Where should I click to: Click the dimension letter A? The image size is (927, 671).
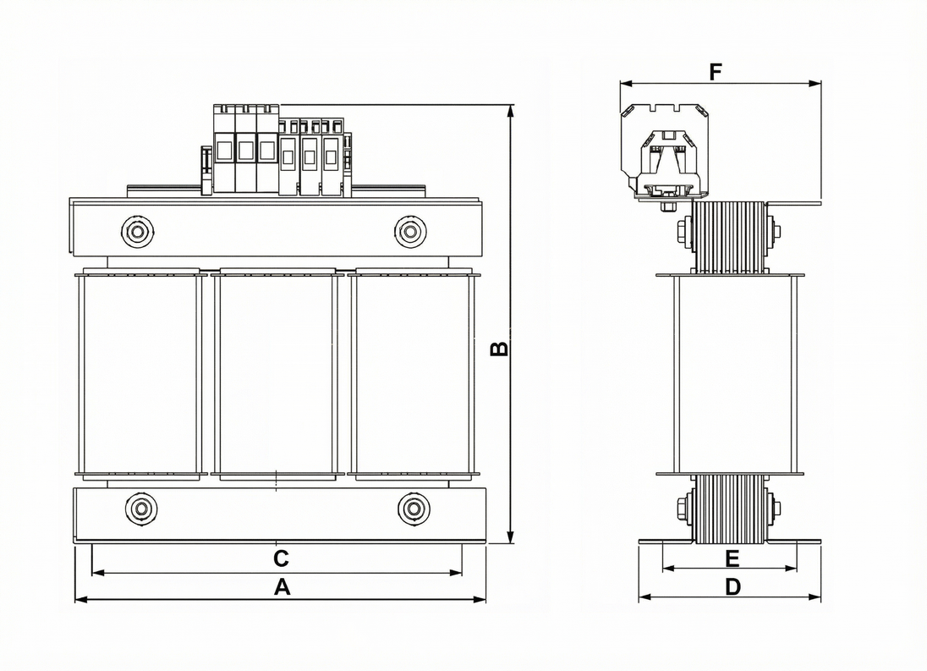(x=282, y=587)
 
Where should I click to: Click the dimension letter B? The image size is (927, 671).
(x=500, y=348)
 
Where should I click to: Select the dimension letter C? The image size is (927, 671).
(x=282, y=558)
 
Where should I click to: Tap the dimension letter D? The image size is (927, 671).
(x=732, y=586)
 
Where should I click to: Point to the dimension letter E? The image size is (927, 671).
(x=732, y=558)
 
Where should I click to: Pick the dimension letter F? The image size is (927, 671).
(x=716, y=72)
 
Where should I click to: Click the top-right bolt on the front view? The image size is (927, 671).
(x=410, y=231)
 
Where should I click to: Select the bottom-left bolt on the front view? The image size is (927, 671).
(x=141, y=508)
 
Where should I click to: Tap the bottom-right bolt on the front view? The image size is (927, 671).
(x=414, y=508)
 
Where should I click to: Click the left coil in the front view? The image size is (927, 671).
(x=140, y=374)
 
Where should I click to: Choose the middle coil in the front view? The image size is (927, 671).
(x=277, y=374)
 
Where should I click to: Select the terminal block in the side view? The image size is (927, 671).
(x=665, y=157)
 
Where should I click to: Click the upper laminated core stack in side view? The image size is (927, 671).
(x=729, y=237)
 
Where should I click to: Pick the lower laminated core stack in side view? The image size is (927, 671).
(x=729, y=509)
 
